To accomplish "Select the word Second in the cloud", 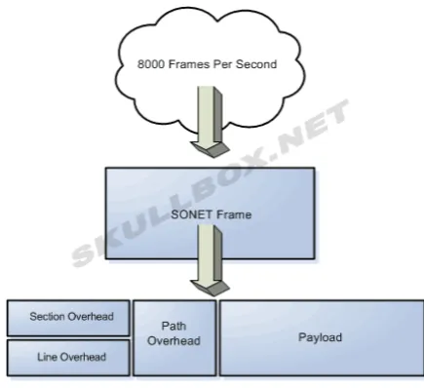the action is pos(256,64).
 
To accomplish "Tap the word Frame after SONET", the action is pos(234,214).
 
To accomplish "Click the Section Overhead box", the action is pos(68,318).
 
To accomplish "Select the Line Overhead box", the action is pos(68,358).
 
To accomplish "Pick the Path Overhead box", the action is pos(174,338).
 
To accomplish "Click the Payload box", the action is pos(322,338).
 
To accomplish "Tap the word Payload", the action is pos(320,337).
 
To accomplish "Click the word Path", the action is pos(173,326).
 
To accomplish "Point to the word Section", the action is pos(46,317).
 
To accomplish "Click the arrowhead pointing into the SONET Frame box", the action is pos(211,149).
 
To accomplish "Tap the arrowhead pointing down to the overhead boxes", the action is pos(211,288).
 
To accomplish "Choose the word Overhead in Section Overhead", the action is pos(90,317).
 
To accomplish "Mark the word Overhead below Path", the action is pos(173,341).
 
